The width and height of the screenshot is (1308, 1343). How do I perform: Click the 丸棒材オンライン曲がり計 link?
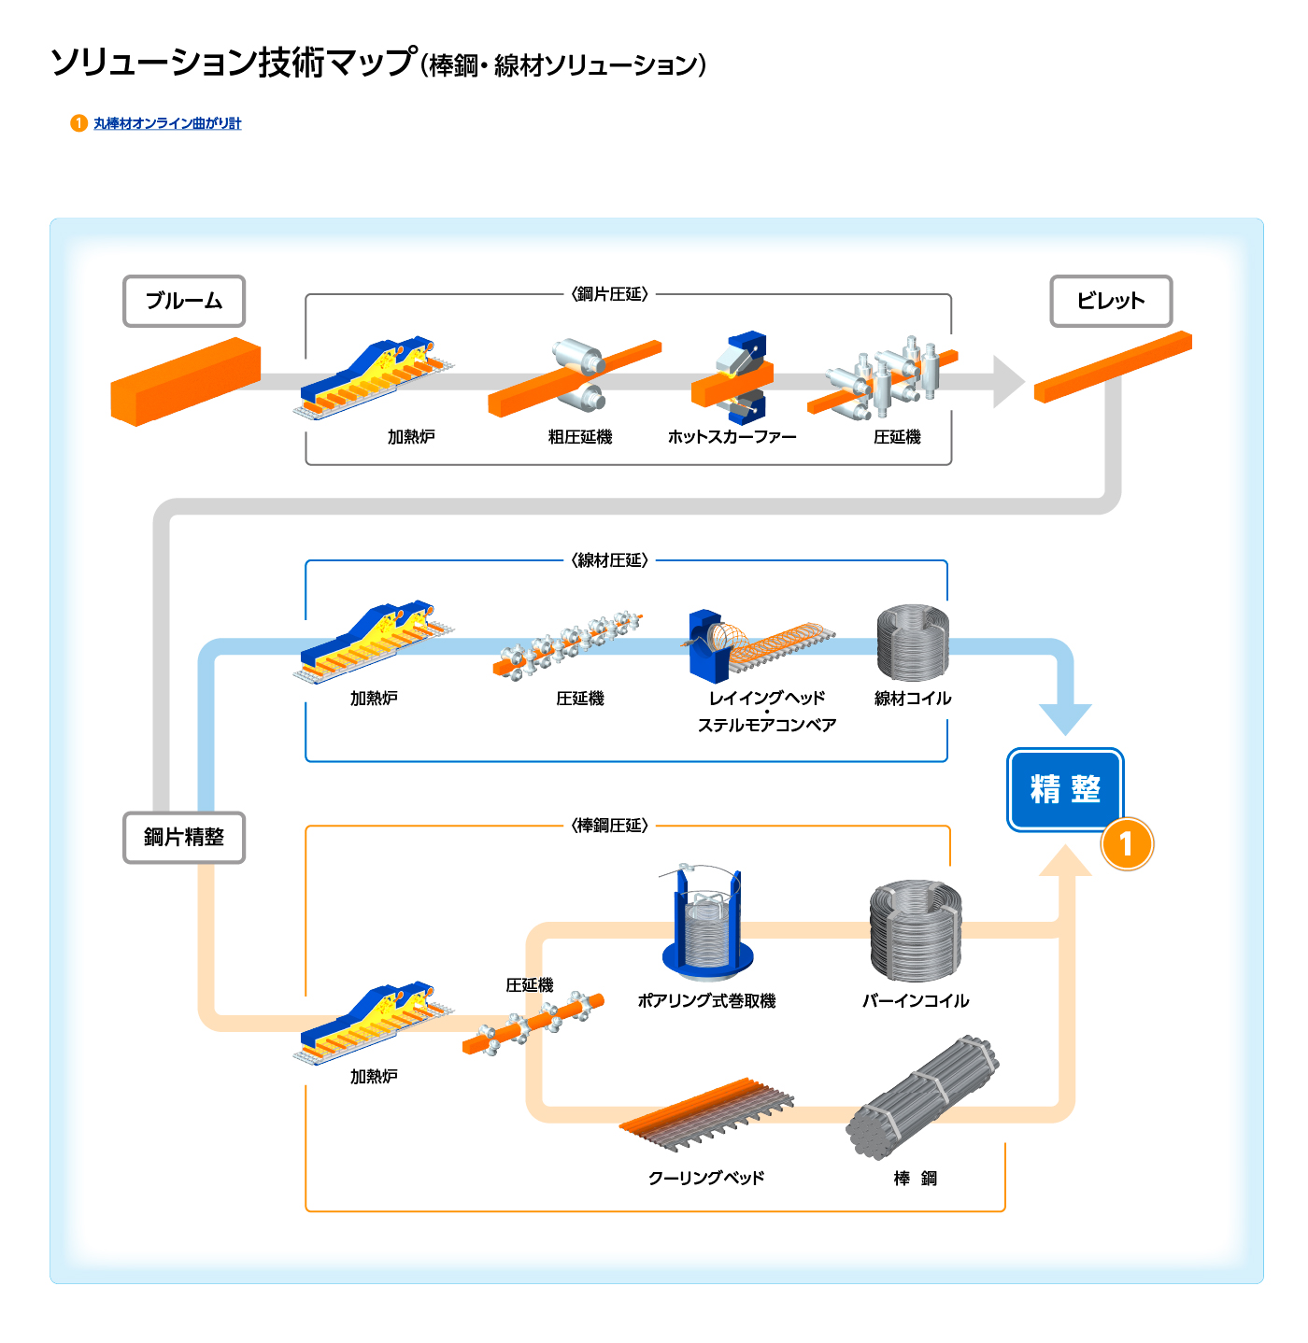click(x=166, y=123)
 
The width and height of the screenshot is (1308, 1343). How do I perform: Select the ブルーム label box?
click(x=184, y=301)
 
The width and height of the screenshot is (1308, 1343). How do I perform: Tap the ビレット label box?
click(x=1110, y=301)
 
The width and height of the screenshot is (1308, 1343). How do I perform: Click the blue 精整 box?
click(x=1065, y=789)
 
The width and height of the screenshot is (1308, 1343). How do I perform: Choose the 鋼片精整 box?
click(x=184, y=837)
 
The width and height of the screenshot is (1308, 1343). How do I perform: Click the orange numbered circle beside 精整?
click(x=1127, y=844)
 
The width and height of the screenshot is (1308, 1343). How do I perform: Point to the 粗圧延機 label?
click(x=579, y=437)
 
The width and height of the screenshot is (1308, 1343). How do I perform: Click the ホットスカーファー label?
click(x=732, y=437)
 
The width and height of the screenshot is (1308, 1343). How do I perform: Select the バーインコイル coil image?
click(x=915, y=930)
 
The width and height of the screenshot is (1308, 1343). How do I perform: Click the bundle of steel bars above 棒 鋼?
click(x=922, y=1096)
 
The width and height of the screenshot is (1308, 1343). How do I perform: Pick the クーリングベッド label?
click(x=706, y=1178)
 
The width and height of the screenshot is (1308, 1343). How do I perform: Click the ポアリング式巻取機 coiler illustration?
click(x=707, y=925)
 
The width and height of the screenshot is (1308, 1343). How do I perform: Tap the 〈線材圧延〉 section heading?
click(x=609, y=560)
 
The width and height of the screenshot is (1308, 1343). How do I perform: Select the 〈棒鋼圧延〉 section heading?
click(x=609, y=826)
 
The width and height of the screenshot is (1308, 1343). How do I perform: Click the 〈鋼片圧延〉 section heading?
click(x=609, y=294)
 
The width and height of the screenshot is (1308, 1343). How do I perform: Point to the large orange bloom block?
click(x=185, y=382)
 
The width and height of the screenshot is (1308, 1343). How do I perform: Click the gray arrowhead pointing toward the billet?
click(x=1008, y=381)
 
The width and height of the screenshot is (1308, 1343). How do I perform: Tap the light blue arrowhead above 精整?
click(x=1065, y=718)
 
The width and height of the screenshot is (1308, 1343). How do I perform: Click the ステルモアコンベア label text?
click(x=767, y=725)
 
